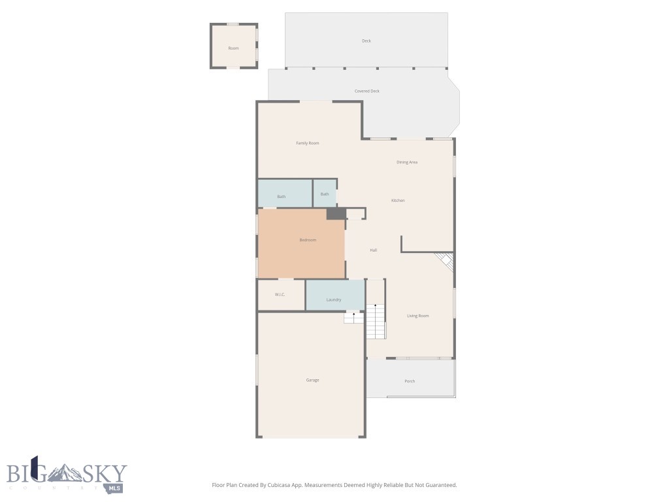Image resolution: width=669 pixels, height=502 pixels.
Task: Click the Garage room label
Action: tap(312, 380)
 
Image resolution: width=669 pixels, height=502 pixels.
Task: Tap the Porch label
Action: tap(410, 381)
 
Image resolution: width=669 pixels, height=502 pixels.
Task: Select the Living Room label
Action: tap(418, 316)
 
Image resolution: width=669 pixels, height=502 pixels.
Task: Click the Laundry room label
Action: tap(334, 299)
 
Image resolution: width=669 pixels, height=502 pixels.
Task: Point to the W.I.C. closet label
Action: tap(280, 295)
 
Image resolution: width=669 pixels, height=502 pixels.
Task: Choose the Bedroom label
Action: tap(308, 240)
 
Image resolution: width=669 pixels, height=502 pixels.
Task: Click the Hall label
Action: tap(374, 250)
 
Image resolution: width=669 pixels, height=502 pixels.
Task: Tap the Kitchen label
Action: tap(398, 200)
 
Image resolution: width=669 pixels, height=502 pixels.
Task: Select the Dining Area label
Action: tap(407, 162)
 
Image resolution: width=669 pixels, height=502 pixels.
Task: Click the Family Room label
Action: tap(307, 143)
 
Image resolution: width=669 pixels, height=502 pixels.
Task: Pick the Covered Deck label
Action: tap(367, 91)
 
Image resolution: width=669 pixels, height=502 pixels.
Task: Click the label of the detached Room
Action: tap(233, 48)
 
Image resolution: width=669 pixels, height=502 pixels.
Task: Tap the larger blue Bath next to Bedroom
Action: tap(282, 196)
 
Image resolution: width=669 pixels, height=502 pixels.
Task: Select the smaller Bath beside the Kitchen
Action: tap(325, 194)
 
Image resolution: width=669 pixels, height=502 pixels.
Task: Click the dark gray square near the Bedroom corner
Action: tap(335, 214)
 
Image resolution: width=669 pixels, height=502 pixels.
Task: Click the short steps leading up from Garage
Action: tap(353, 318)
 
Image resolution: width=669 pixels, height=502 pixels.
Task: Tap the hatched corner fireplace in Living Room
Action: tap(446, 262)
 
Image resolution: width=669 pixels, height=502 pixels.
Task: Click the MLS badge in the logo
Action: tap(115, 488)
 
